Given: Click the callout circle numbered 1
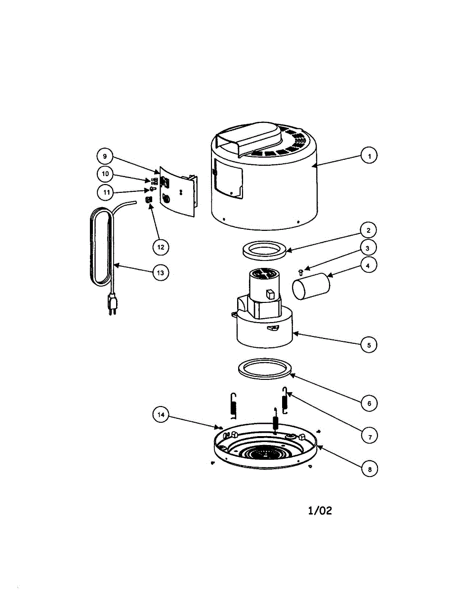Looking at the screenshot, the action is click(x=368, y=156).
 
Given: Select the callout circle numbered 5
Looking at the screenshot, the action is click(x=369, y=345).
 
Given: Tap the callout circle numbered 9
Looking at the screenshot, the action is click(x=105, y=156).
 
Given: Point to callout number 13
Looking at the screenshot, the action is click(x=161, y=272).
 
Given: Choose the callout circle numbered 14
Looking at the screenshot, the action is click(x=160, y=415).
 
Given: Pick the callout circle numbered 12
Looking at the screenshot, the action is click(x=160, y=246).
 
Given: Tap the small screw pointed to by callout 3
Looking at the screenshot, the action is click(x=301, y=270).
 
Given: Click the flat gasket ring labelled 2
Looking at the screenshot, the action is click(x=265, y=249).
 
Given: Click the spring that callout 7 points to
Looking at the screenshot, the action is click(x=285, y=401).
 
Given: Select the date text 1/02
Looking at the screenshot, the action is click(x=320, y=511).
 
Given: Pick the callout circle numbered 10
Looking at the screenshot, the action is click(x=105, y=174).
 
